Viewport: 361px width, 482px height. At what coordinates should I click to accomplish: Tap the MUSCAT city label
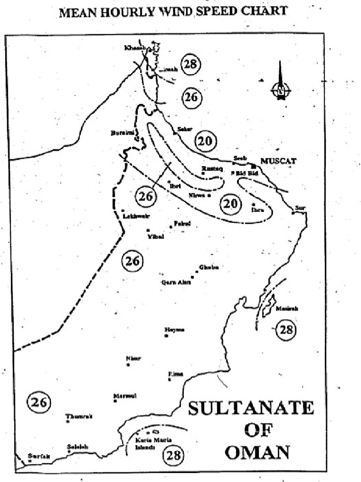(279, 161)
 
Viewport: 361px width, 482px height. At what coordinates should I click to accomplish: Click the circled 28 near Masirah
(286, 329)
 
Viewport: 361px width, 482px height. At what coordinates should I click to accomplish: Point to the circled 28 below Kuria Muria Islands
(173, 455)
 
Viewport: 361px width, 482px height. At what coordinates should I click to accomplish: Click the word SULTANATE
(251, 408)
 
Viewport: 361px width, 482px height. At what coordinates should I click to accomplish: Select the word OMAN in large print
(257, 452)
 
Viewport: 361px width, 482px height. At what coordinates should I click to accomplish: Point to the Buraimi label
(120, 133)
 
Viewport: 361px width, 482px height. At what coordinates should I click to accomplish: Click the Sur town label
(299, 208)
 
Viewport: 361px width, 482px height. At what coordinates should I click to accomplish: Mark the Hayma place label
(174, 330)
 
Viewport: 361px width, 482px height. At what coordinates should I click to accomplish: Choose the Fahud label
(182, 223)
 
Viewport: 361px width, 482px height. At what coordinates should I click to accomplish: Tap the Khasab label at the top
(134, 48)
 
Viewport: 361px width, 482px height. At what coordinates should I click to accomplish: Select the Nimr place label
(133, 358)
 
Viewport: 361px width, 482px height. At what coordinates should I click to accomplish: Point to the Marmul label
(125, 396)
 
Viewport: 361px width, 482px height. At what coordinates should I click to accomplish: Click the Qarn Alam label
(173, 283)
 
